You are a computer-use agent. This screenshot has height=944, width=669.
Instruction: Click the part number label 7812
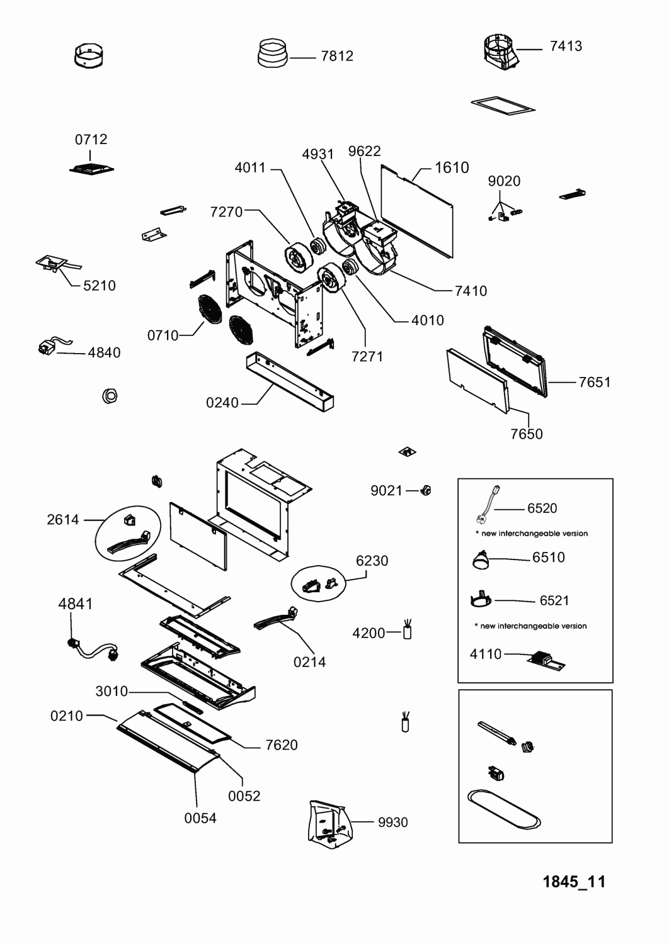[337, 56]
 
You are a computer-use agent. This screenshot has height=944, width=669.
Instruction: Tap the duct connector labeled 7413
[501, 52]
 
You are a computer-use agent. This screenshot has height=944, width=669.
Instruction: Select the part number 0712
[91, 139]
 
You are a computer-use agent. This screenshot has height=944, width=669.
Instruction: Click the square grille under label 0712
[91, 169]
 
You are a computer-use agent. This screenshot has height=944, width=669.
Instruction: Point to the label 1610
[452, 168]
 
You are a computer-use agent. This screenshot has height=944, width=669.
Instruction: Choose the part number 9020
[504, 181]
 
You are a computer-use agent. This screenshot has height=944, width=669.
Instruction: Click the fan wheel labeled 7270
[300, 257]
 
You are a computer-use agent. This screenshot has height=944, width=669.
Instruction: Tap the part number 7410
[471, 291]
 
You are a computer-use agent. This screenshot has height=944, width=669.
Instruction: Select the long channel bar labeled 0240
[290, 382]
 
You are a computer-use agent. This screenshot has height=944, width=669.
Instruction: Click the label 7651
[594, 382]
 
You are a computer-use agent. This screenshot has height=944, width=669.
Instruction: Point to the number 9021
[386, 490]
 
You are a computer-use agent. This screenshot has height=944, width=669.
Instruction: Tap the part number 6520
[542, 509]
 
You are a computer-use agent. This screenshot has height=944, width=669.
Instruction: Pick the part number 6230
[372, 561]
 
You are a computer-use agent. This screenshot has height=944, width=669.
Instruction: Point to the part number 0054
[200, 818]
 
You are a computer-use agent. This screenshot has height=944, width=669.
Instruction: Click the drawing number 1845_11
[574, 882]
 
